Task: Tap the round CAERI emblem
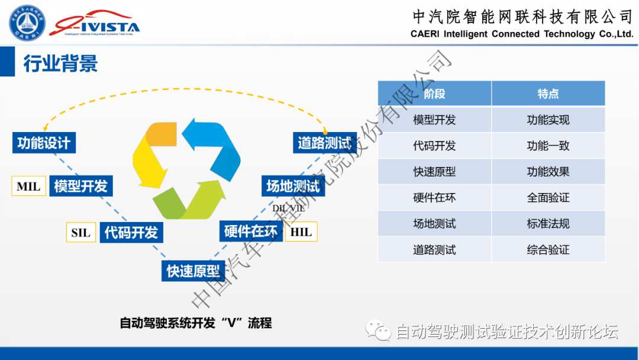tap(27, 24)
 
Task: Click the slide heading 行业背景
tap(60, 63)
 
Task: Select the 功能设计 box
tap(44, 143)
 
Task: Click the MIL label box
tap(28, 187)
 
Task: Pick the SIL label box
tap(81, 232)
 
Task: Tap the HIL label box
tap(301, 232)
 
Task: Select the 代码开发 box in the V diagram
tap(131, 232)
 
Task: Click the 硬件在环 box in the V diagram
tap(251, 231)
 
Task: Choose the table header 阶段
tap(434, 94)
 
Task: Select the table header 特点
tap(548, 94)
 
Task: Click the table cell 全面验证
tap(548, 198)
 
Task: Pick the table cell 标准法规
tap(548, 224)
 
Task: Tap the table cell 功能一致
tap(548, 146)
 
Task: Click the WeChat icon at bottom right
tap(378, 330)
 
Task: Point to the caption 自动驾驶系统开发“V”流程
tap(195, 323)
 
